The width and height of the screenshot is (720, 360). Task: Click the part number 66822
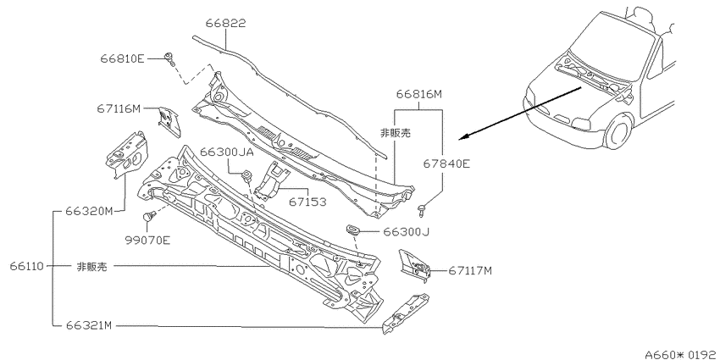point(225,23)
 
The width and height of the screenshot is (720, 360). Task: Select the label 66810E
point(122,58)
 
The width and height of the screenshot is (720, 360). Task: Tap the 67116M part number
point(118,108)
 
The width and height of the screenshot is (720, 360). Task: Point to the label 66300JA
point(227,152)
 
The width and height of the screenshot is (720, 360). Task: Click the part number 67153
point(307,202)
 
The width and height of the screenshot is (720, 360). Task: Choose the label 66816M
point(419,95)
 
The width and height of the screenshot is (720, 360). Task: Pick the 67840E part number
point(447,163)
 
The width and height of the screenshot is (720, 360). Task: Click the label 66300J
point(407,232)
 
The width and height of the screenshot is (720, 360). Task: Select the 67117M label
point(470,271)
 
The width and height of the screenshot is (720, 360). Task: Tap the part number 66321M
point(89,325)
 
